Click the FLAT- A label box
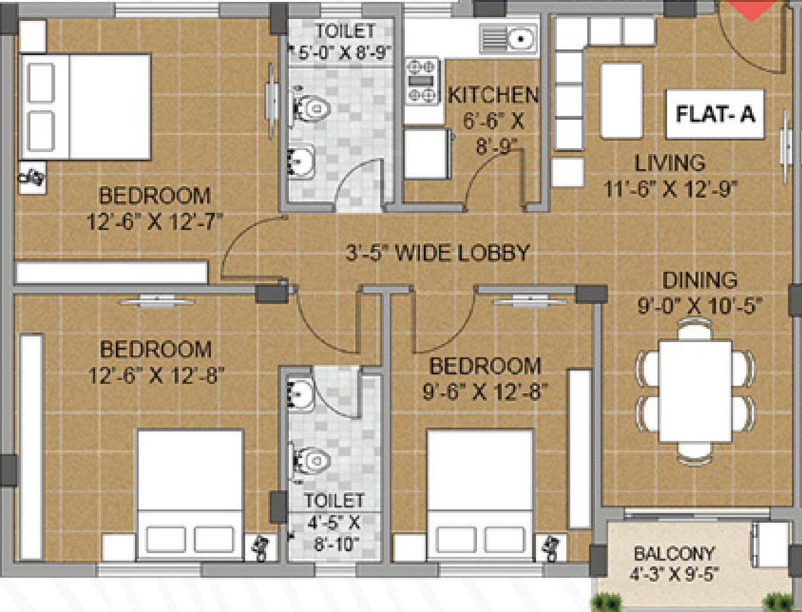(x=715, y=115)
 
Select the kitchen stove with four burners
(x=423, y=81)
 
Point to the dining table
(x=696, y=392)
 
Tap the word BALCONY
(x=674, y=554)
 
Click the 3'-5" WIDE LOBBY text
(x=437, y=253)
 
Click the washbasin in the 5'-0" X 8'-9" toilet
(x=302, y=161)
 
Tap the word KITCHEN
(x=493, y=96)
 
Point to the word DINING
(x=699, y=280)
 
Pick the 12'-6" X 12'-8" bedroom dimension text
(x=156, y=376)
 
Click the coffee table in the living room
(x=621, y=101)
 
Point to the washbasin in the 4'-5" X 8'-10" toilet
(x=301, y=393)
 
